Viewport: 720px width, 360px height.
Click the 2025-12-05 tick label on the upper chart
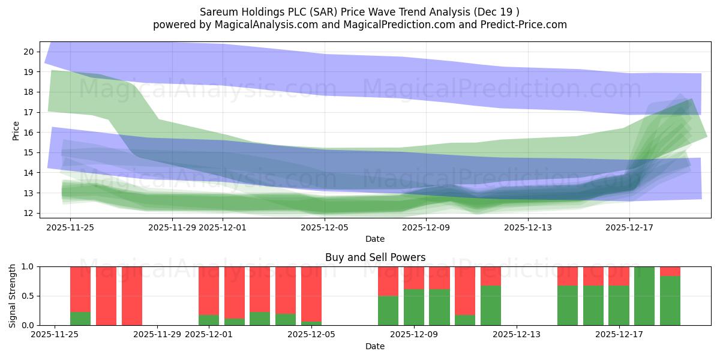coord(325,227)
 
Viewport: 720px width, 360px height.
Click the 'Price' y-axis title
coord(16,130)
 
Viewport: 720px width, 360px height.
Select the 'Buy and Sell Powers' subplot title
coord(375,257)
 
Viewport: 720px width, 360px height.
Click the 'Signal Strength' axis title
coord(13,296)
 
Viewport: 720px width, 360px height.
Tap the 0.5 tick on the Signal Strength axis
coord(28,296)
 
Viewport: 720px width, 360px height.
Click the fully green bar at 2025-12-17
coord(644,296)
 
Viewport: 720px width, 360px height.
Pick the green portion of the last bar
coord(670,301)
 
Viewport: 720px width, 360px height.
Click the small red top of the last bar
coord(670,271)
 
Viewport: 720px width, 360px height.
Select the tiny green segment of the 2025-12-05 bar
coord(311,323)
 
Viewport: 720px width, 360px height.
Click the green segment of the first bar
coord(80,319)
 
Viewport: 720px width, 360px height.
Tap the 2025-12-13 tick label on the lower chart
coord(517,335)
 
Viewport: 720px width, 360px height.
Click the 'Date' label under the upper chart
coord(375,239)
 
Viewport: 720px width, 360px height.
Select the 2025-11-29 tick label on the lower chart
coord(157,335)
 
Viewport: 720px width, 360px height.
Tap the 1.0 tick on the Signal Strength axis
coord(28,266)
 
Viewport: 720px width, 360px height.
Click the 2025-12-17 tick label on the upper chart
coord(629,227)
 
